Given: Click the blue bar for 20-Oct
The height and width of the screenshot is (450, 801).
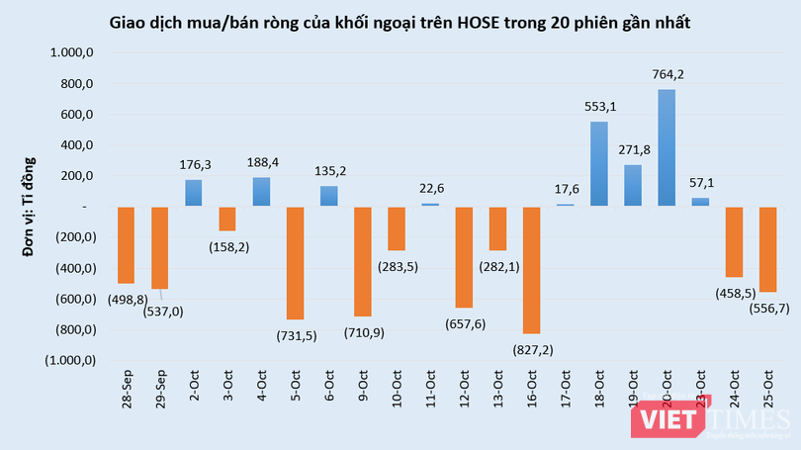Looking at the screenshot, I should (667, 147).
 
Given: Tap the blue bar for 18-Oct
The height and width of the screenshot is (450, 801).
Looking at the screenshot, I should (598, 163).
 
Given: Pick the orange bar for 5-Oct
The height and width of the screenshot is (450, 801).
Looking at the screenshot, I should (295, 262).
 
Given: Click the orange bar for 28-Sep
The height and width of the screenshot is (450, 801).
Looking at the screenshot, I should (126, 244).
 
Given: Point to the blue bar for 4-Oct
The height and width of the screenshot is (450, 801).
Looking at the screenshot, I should (261, 191).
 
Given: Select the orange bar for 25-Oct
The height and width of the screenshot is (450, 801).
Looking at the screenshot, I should (767, 249).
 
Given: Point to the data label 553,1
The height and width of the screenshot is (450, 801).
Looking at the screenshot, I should (598, 106).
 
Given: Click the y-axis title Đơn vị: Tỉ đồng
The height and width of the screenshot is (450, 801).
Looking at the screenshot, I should (30, 207).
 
